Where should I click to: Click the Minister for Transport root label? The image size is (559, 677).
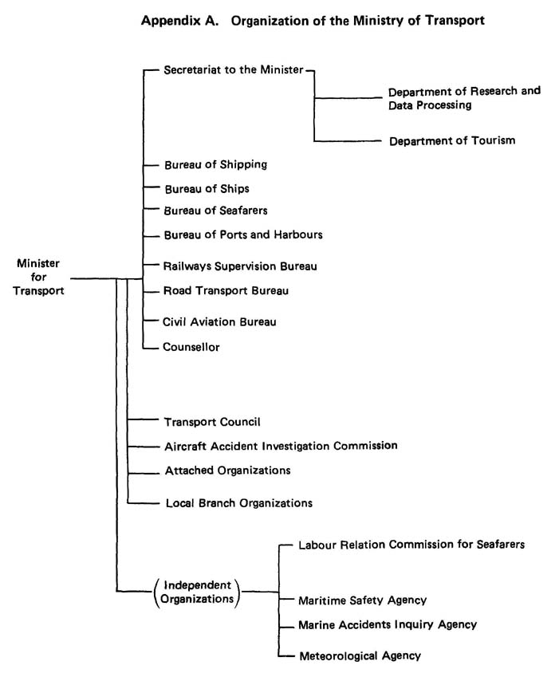(38, 277)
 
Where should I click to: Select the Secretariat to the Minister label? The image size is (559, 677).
(234, 70)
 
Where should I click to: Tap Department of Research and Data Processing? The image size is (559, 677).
(464, 98)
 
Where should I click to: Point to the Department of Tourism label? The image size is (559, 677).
(452, 141)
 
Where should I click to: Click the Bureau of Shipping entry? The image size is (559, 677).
(216, 165)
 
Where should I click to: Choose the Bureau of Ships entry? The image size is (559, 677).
(207, 189)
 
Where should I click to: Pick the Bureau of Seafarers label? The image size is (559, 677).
(215, 211)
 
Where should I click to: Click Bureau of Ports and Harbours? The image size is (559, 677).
(243, 235)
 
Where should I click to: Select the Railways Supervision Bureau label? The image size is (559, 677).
(240, 266)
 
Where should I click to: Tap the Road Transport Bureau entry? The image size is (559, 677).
(226, 291)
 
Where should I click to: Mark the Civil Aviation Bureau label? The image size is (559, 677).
(219, 322)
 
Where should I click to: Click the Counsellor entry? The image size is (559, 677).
(191, 347)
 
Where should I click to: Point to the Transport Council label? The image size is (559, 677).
(212, 422)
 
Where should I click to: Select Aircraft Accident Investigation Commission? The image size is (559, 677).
(281, 446)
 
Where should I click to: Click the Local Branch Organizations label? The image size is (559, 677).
(239, 503)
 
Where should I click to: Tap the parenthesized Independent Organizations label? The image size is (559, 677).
(197, 592)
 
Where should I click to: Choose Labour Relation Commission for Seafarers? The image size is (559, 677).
(411, 545)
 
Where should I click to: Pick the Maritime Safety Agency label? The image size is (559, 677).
(363, 600)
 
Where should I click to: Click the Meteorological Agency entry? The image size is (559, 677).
(360, 656)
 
